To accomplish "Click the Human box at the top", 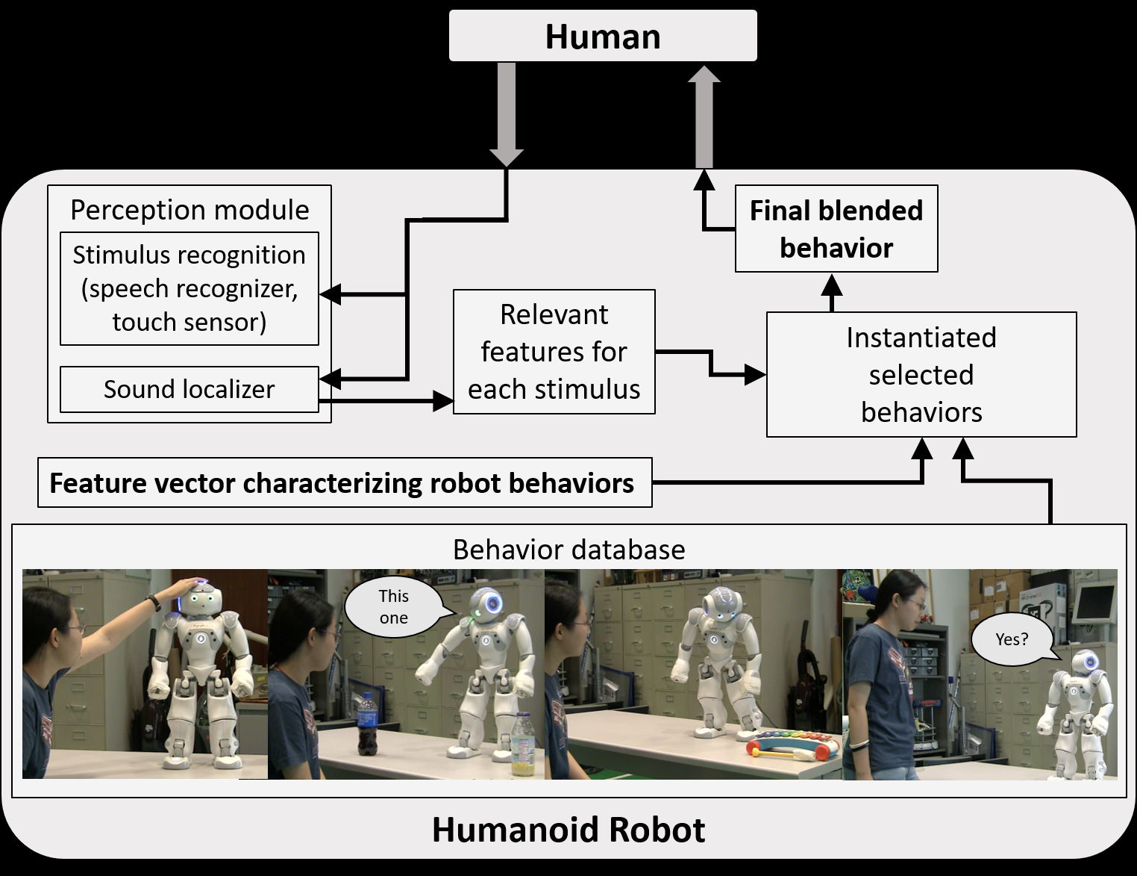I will point(603,36).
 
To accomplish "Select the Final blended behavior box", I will point(836,229).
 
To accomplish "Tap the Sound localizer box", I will point(189,389).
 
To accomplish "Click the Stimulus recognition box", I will point(189,288).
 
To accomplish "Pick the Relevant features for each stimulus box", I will point(554,352).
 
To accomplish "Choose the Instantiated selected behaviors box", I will point(921,374).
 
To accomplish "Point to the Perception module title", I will point(189,210).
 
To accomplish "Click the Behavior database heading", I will point(568,550).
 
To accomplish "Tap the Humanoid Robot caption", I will point(568,830).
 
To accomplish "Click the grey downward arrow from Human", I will point(507,112).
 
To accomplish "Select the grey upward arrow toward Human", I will point(704,116).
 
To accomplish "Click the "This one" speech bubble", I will point(394,606).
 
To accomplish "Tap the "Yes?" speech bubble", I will point(1012,639).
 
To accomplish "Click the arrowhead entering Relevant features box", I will point(443,403).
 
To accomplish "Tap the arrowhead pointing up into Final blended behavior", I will point(832,285).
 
